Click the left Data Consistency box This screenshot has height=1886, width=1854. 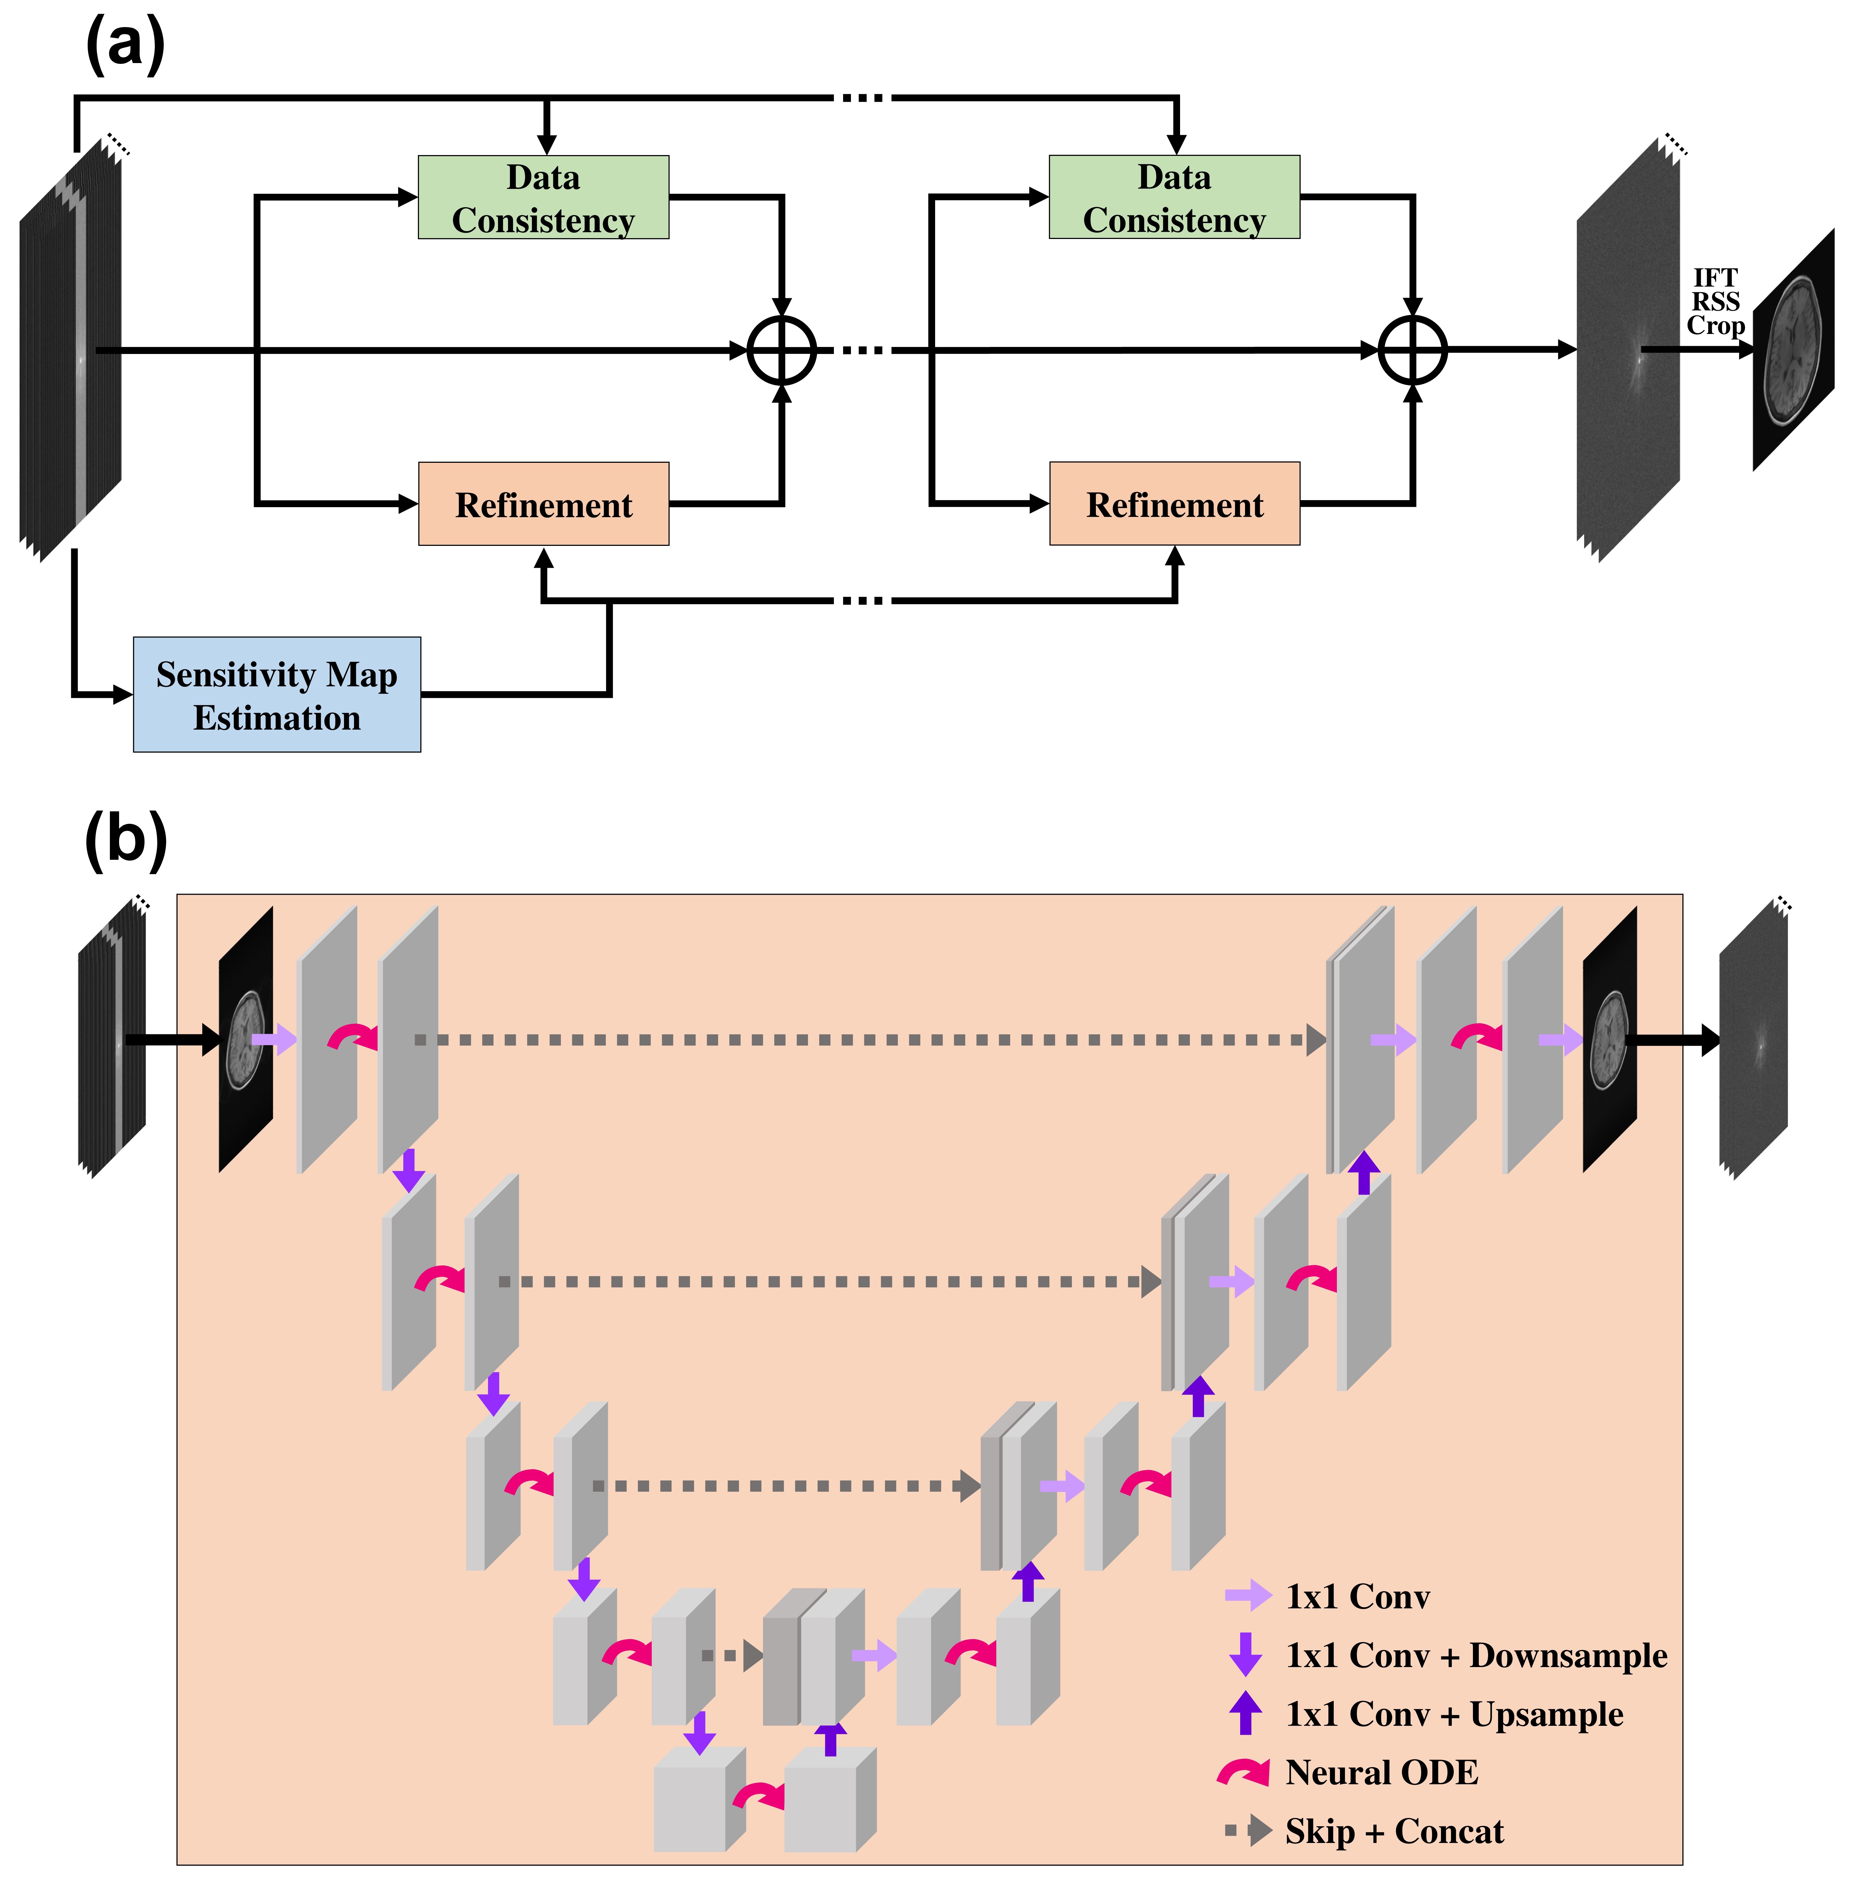543,198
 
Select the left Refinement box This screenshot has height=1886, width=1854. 543,504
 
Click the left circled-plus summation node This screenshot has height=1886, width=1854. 781,350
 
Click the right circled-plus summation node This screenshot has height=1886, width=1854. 1412,350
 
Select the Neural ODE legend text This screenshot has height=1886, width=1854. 1381,1772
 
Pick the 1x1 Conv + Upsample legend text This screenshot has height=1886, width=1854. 1454,1714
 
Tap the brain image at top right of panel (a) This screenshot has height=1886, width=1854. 1794,350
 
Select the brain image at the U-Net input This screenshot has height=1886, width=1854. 245,1040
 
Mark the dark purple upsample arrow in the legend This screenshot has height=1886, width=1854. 1244,1714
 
